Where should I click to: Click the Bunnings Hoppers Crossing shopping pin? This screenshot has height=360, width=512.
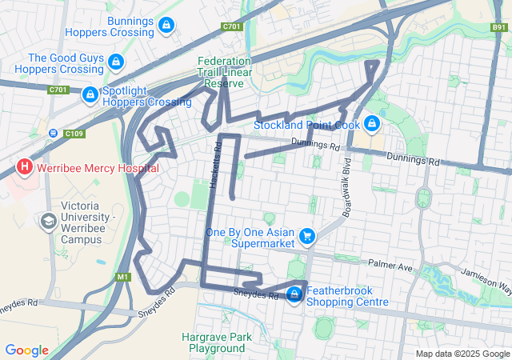[166, 26]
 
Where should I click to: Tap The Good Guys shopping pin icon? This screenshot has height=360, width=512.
[116, 62]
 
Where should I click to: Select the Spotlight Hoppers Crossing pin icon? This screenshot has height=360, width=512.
[90, 94]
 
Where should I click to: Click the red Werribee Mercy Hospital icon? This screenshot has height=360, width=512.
[25, 167]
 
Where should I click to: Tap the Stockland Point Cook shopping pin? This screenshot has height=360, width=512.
[371, 123]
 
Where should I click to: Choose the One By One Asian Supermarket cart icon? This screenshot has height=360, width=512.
[306, 236]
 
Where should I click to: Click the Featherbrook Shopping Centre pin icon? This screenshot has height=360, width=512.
[294, 294]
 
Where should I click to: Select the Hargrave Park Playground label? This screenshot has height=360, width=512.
[217, 342]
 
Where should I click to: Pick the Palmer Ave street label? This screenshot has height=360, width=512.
[389, 265]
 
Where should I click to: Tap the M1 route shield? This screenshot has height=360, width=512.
[122, 277]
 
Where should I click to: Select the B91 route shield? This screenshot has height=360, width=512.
[499, 26]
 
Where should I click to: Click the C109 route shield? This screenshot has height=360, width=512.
[74, 133]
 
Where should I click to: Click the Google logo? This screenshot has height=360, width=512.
[26, 350]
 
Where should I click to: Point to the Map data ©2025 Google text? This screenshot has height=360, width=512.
[462, 354]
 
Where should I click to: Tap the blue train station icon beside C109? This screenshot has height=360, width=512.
[53, 133]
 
